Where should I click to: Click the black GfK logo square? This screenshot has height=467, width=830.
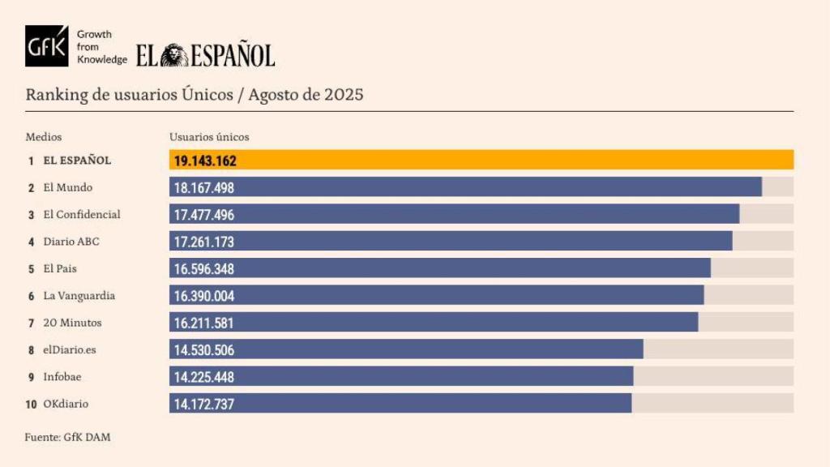tap(46, 46)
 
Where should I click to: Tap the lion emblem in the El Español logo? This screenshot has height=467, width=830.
tap(173, 55)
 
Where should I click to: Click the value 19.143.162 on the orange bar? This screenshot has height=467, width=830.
tap(205, 161)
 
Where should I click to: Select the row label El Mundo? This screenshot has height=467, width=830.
tap(67, 187)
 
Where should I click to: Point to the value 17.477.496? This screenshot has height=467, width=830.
tap(204, 215)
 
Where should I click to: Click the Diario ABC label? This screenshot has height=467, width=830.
tap(71, 242)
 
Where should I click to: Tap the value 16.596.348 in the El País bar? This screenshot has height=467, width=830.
tap(204, 268)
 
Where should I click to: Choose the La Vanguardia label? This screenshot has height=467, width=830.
tap(79, 296)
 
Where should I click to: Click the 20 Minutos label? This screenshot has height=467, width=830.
tap(72, 323)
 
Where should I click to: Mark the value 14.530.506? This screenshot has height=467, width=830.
tap(204, 350)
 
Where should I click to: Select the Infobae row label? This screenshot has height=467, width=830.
tap(62, 377)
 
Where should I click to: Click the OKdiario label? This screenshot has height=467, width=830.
tap(66, 404)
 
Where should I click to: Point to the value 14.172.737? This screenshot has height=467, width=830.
tap(204, 404)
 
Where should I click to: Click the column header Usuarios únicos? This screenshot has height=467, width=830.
tap(209, 137)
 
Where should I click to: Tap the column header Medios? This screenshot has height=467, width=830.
tap(43, 137)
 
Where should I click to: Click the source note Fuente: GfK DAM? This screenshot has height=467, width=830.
tap(67, 437)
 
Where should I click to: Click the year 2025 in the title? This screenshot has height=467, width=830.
tap(344, 94)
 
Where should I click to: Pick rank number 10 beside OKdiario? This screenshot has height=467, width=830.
tap(31, 404)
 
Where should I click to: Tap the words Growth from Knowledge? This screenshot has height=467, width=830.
tap(101, 47)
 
